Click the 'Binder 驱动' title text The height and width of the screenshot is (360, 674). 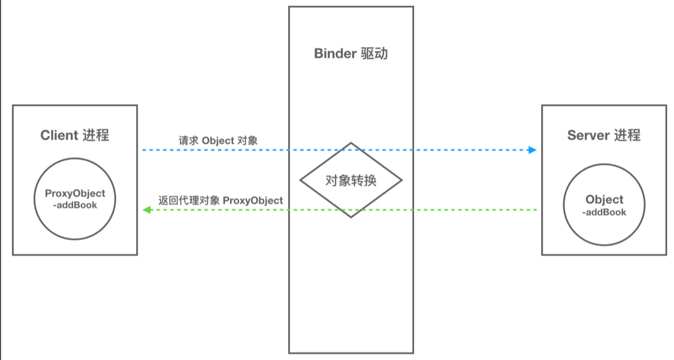point(351,54)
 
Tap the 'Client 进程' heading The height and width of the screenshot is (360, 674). point(75,135)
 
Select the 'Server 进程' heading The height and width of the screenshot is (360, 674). point(604,135)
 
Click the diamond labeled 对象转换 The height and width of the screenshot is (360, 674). point(351,180)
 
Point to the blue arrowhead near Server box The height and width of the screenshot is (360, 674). point(532,150)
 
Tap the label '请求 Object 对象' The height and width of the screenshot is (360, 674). point(218,141)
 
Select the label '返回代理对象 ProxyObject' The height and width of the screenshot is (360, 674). point(221,200)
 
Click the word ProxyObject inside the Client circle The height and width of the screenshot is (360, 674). point(75,194)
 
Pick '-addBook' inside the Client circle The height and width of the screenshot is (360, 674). point(75,205)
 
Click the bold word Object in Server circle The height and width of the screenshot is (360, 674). point(604,200)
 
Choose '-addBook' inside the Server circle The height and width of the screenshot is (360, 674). point(604,212)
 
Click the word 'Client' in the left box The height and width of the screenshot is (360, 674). point(59,135)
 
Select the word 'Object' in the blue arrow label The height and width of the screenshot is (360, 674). point(218,141)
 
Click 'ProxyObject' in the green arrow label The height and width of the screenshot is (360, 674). point(253,200)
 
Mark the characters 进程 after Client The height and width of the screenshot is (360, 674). point(96,135)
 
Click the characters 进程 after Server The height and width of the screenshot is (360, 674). point(628,135)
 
